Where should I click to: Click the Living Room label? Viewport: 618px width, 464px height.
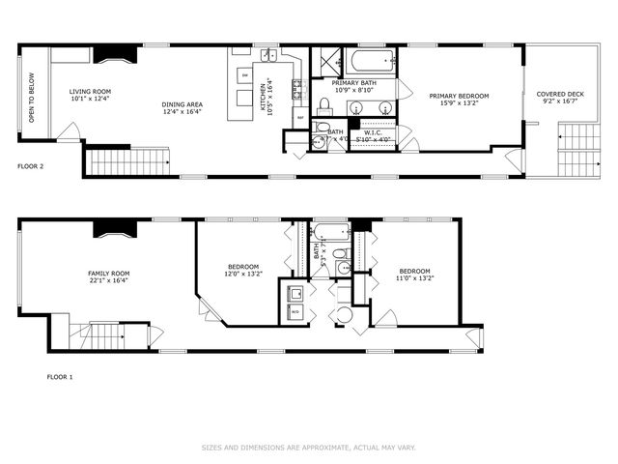click(x=91, y=93)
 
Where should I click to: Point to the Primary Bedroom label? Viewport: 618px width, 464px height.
click(x=459, y=96)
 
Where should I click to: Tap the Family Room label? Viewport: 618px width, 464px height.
click(x=108, y=274)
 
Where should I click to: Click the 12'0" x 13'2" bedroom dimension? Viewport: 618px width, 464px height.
click(x=243, y=275)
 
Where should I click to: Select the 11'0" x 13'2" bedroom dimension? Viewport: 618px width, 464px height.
click(x=414, y=277)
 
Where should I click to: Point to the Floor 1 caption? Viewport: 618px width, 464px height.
click(x=59, y=376)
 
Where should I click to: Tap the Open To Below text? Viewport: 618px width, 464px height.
click(x=31, y=100)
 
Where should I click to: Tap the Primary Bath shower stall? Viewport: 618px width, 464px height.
click(x=327, y=61)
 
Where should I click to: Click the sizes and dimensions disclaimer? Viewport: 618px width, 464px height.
click(x=308, y=447)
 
